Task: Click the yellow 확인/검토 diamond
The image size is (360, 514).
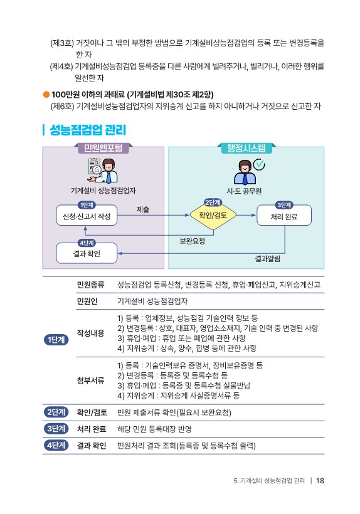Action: coord(213,215)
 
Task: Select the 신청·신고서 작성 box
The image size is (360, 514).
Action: coord(87,216)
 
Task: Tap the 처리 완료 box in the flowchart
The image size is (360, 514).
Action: coord(284,216)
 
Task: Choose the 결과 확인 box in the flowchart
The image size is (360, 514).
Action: coord(87,253)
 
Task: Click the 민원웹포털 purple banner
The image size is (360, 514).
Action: coord(103,148)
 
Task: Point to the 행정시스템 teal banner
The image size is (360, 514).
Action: coord(246,148)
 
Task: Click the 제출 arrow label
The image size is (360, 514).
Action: coord(142,209)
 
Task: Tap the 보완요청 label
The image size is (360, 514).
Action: coord(192,241)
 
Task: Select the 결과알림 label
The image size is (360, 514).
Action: coord(268,259)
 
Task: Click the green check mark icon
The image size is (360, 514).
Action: coord(260,164)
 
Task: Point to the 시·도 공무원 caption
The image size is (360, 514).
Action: coord(244,191)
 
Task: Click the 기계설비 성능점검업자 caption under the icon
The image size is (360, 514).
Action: coord(103,191)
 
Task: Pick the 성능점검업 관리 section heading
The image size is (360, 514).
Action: coord(88,130)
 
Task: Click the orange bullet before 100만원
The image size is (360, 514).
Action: coord(46,95)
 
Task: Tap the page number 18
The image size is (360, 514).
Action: coord(320,481)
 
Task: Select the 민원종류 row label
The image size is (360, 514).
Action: coord(90,285)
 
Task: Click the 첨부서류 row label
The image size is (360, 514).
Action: coord(90,380)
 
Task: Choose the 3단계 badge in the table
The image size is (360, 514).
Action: coord(56,429)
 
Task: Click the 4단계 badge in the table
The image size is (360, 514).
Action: coord(56,446)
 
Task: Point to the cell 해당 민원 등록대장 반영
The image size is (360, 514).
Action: coord(154,429)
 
